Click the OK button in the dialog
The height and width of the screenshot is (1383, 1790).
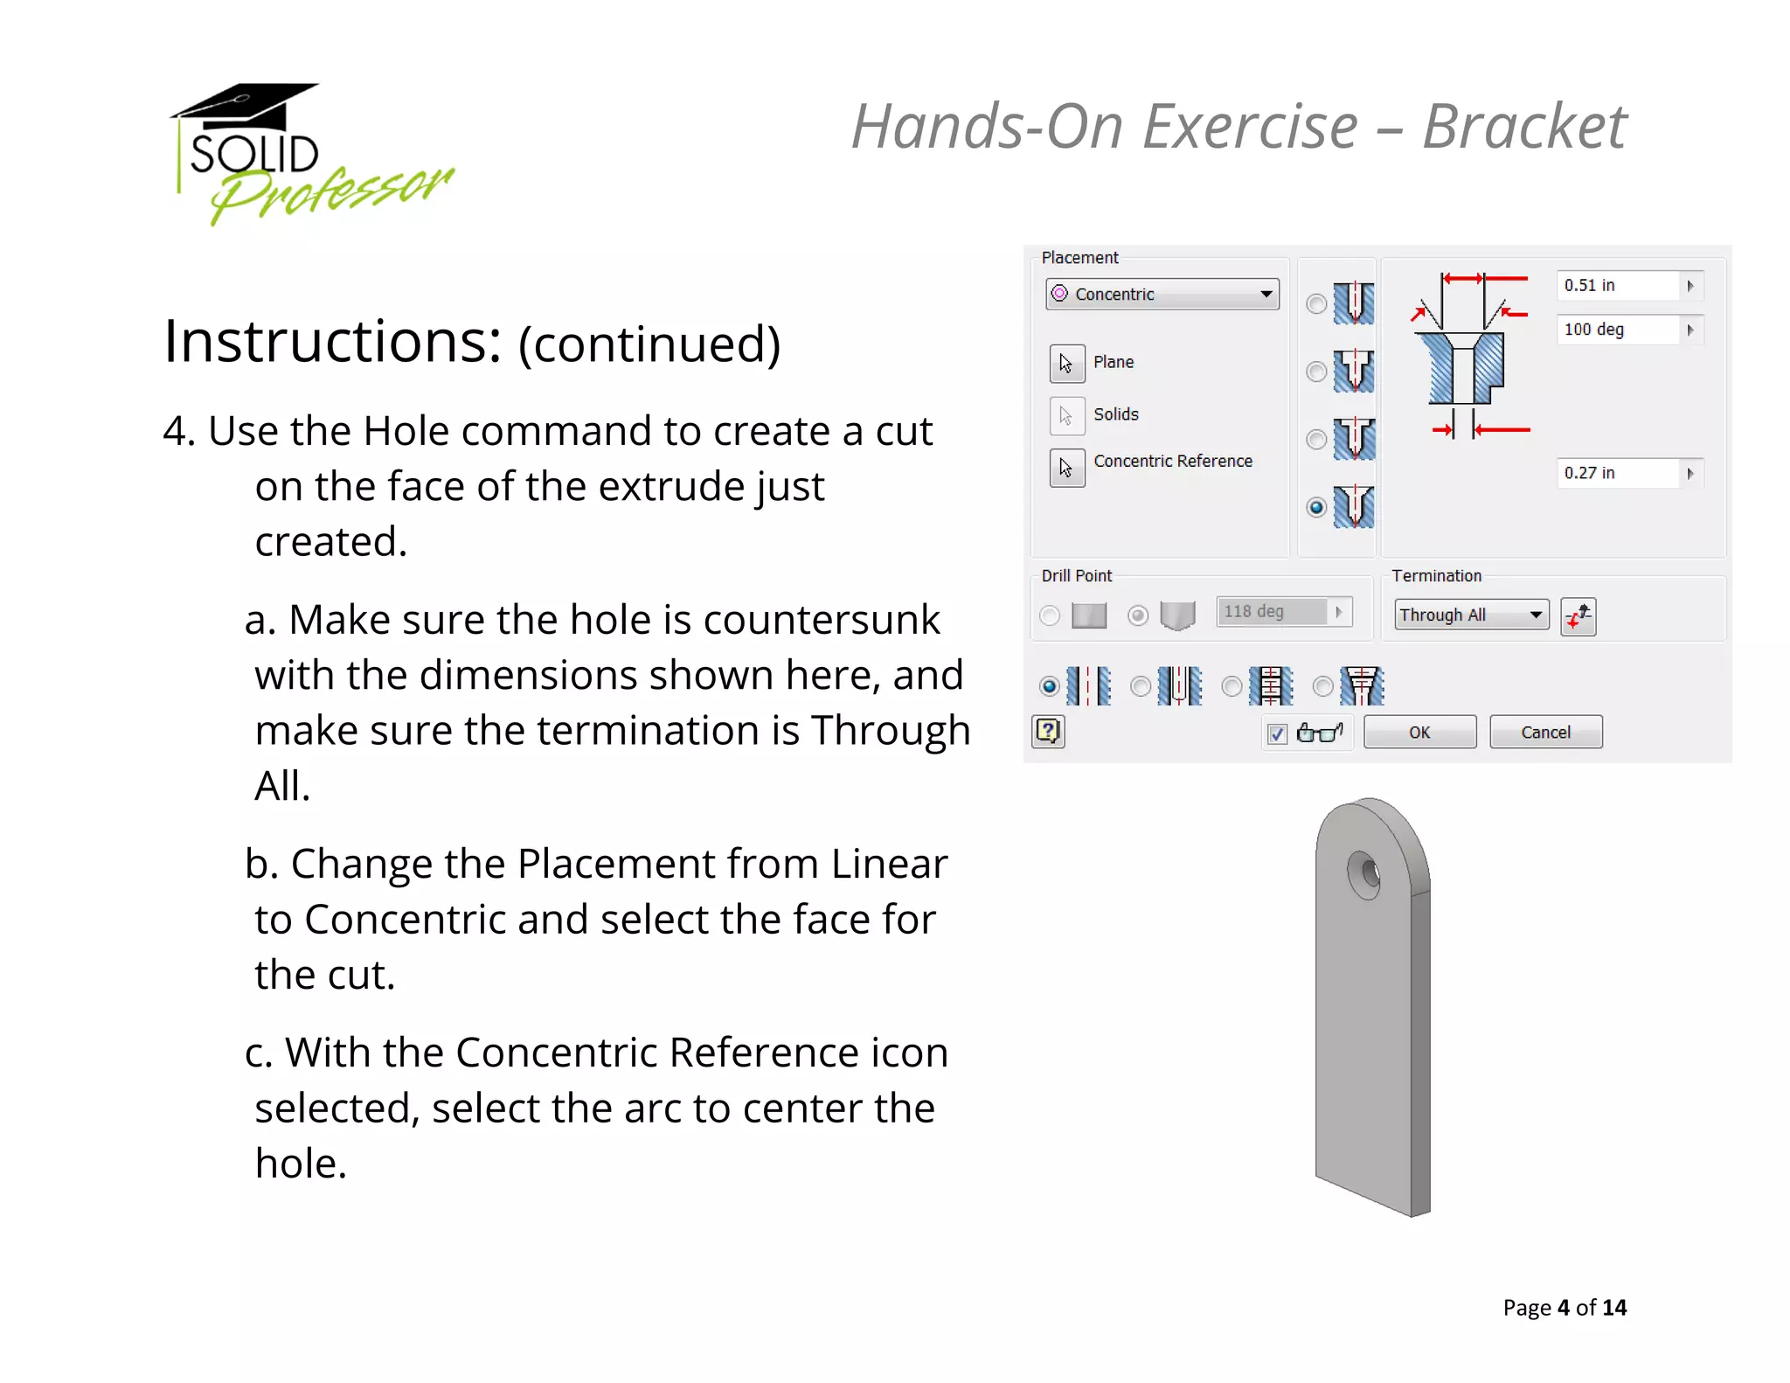(1419, 732)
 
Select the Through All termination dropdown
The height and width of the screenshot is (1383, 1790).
(1471, 615)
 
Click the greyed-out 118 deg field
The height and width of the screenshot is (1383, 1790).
(1272, 611)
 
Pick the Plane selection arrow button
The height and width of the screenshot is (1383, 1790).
(1066, 363)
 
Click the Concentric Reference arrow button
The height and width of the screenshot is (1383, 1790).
(1066, 468)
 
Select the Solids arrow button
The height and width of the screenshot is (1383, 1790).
(1066, 415)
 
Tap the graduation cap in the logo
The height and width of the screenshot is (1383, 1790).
(246, 105)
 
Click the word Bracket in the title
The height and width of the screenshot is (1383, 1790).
(1523, 127)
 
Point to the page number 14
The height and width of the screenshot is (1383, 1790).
(1613, 1307)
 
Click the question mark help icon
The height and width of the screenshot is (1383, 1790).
(1048, 731)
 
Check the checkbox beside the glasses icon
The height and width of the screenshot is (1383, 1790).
(1277, 733)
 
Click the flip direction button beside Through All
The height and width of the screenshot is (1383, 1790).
(1578, 616)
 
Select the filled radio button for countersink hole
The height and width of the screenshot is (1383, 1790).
(1316, 507)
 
